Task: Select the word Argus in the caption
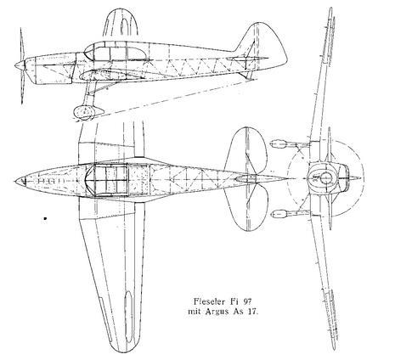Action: pos(216,312)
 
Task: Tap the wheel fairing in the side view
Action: pos(87,112)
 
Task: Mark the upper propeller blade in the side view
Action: pos(21,44)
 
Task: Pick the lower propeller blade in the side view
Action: pos(22,87)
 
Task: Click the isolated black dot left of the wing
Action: pos(45,218)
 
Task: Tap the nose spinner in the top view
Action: pos(20,181)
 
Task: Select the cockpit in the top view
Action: pos(107,181)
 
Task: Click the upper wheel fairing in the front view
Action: pos(278,144)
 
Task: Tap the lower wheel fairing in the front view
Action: pos(279,214)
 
